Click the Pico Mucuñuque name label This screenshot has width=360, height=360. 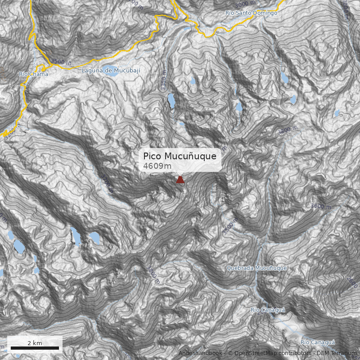(180, 156)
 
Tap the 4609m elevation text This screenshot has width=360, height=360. (157, 166)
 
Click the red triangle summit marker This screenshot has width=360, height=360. (180, 180)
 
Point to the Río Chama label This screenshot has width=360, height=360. (33, 74)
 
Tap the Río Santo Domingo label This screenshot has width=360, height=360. (251, 13)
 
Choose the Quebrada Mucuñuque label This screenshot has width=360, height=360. (256, 268)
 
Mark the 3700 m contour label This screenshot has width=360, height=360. (106, 183)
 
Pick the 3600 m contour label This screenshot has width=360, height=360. (320, 206)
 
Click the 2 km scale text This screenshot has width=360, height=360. (35, 343)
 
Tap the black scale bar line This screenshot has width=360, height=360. (35, 348)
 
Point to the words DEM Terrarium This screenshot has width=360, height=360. (336, 353)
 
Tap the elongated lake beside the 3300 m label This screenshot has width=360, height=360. (171, 101)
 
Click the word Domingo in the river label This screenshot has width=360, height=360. (265, 13)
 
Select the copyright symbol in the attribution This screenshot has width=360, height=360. (230, 353)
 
